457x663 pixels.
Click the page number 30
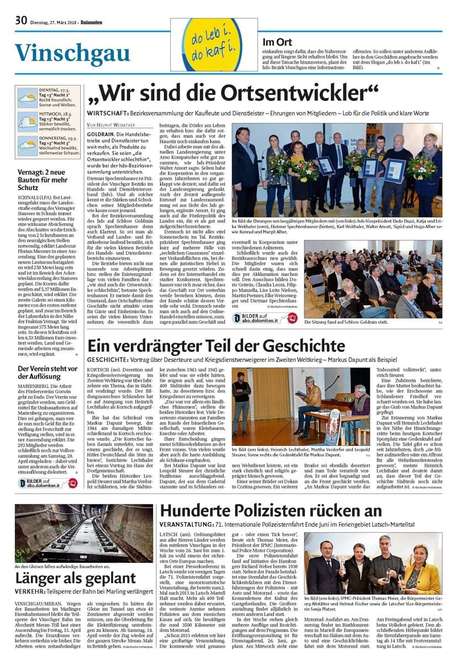pos(21,21)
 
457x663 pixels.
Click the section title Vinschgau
pos(72,54)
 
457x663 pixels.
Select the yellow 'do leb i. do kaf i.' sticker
pos(214,45)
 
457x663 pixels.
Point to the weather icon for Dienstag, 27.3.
pos(27,97)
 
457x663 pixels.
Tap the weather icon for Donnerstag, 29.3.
pos(27,145)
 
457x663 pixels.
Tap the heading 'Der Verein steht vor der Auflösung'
pos(47,372)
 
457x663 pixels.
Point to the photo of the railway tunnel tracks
pos(76,533)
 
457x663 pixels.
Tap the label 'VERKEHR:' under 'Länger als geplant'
pos(31,591)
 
